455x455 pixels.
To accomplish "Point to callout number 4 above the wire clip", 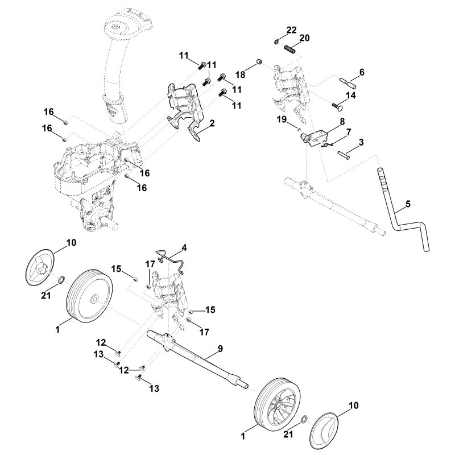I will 184,247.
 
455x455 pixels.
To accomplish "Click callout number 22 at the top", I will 291,30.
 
